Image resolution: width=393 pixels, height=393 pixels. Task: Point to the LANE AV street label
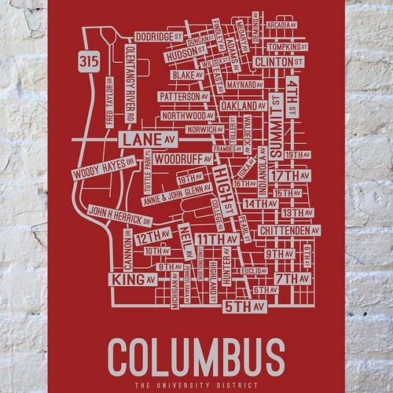click(x=146, y=139)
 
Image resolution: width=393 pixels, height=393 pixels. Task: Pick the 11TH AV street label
click(x=216, y=239)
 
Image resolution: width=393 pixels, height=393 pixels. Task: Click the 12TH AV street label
click(x=152, y=237)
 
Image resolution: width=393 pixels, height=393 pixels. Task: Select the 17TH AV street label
click(x=292, y=174)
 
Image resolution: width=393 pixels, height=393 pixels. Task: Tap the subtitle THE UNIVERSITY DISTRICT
click(x=196, y=386)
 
